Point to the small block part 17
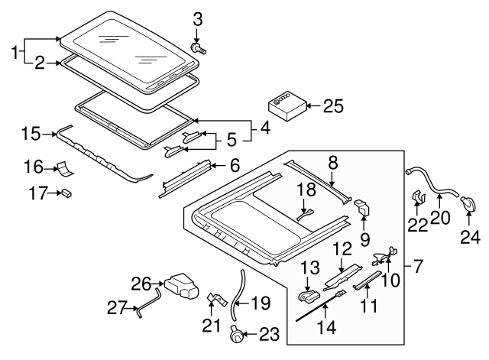coord(66,194)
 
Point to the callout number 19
coord(261,303)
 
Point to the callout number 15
coord(31,134)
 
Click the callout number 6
coord(235,164)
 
